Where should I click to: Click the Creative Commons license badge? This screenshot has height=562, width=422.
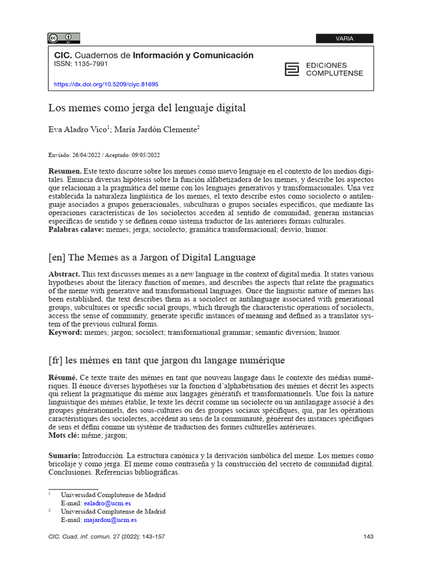(x=64, y=38)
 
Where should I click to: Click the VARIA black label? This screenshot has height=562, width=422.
(x=344, y=38)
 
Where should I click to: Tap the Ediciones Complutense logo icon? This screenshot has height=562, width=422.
(x=292, y=69)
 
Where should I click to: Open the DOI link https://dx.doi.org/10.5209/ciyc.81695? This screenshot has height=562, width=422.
(x=105, y=85)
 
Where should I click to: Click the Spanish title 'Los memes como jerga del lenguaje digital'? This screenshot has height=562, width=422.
(x=147, y=108)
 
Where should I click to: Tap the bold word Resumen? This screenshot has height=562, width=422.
(x=65, y=172)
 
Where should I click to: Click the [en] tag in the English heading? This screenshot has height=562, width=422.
(x=58, y=257)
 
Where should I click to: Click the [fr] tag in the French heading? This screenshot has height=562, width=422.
(x=56, y=360)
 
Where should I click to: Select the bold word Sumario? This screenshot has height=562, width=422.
(x=64, y=456)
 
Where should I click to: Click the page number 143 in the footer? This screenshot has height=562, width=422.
(x=368, y=536)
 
